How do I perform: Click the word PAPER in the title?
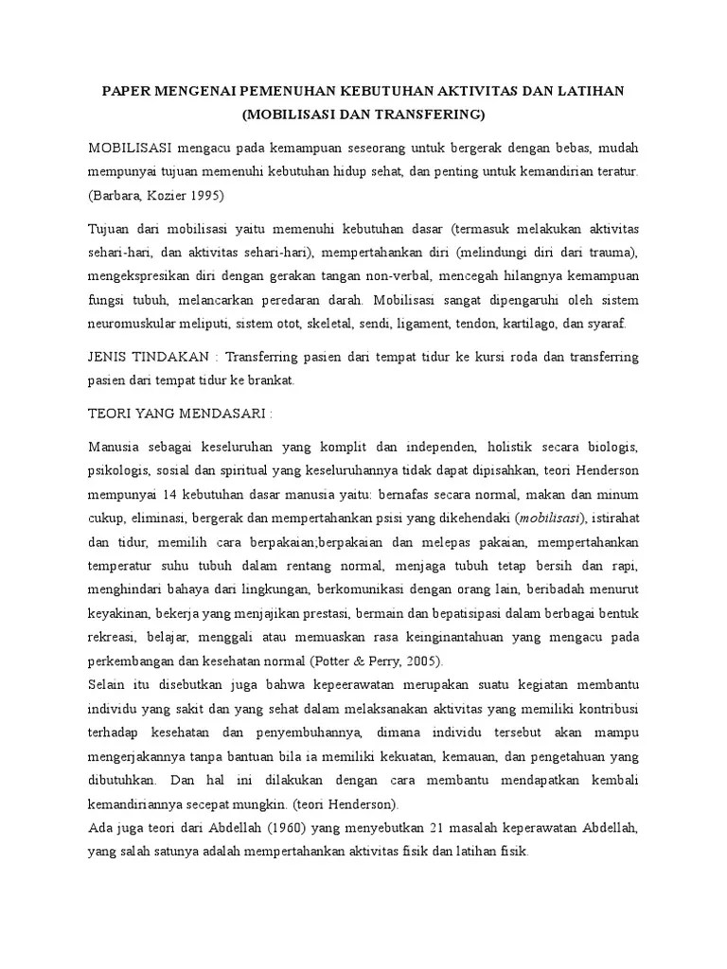coord(127,90)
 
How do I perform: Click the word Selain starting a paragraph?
coord(107,681)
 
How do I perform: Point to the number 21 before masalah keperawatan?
coord(439,828)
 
